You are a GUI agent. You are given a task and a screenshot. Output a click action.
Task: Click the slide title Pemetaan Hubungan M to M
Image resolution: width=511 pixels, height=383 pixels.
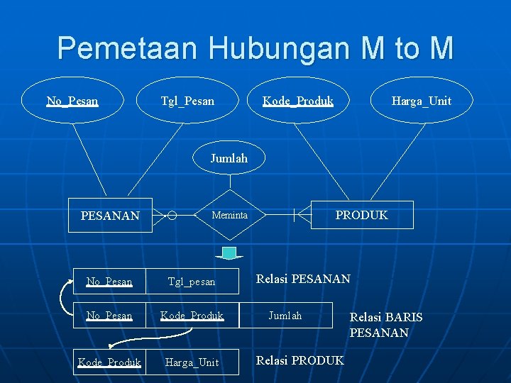pyautogui.click(x=255, y=48)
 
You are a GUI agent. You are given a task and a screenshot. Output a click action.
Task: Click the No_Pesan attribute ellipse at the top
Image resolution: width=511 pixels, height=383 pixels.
pyautogui.click(x=72, y=101)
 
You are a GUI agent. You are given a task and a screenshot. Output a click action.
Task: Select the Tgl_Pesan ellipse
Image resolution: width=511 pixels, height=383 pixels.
pyautogui.click(x=187, y=101)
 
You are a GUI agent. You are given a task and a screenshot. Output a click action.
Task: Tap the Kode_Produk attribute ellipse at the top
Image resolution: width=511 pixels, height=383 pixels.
pyautogui.click(x=298, y=101)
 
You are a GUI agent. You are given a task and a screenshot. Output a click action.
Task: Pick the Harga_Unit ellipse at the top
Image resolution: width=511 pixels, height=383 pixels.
pyautogui.click(x=422, y=101)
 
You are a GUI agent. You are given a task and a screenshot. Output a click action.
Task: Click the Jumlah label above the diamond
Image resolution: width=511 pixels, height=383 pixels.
pyautogui.click(x=229, y=158)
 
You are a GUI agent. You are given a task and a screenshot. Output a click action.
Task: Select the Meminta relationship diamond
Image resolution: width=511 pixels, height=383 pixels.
pyautogui.click(x=229, y=214)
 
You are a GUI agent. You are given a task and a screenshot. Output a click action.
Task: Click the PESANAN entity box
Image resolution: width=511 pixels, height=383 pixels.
pyautogui.click(x=110, y=215)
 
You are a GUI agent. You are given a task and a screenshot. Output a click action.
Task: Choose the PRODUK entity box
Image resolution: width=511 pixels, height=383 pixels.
pyautogui.click(x=361, y=215)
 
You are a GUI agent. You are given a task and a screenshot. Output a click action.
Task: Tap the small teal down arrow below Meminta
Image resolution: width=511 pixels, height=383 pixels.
pyautogui.click(x=229, y=253)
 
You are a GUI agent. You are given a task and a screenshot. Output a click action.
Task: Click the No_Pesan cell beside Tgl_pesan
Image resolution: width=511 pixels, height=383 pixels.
pyautogui.click(x=109, y=282)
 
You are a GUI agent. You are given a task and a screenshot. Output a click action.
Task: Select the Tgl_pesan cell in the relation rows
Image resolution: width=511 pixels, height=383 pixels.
pyautogui.click(x=192, y=282)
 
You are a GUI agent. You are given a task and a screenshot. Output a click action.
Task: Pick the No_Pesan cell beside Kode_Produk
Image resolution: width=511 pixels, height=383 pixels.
pyautogui.click(x=109, y=316)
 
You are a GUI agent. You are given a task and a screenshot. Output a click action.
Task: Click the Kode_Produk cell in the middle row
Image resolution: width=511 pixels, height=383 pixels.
pyautogui.click(x=192, y=316)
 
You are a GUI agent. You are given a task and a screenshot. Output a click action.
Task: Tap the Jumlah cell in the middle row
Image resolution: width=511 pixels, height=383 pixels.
pyautogui.click(x=285, y=316)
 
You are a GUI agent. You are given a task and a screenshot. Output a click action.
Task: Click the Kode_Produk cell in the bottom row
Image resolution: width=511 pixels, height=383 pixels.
pyautogui.click(x=109, y=362)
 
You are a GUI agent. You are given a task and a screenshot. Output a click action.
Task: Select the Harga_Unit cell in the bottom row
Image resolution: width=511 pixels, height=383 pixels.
pyautogui.click(x=192, y=362)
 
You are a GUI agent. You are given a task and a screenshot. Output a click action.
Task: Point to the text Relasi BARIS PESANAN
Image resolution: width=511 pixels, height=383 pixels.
pyautogui.click(x=385, y=325)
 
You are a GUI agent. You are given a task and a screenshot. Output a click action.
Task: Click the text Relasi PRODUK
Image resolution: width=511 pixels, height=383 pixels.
pyautogui.click(x=300, y=360)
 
